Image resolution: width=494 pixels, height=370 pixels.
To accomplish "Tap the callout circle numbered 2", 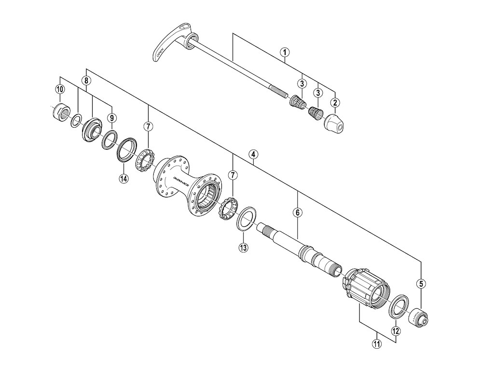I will (x=335, y=102).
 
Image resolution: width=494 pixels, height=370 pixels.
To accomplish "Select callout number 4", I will (x=253, y=155).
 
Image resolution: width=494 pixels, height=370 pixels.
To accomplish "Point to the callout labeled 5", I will (x=421, y=284).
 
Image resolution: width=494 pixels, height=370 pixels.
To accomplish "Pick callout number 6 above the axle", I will (x=298, y=212).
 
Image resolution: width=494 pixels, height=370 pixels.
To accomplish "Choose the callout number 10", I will (x=60, y=89).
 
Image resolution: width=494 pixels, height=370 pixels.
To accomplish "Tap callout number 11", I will (x=376, y=344).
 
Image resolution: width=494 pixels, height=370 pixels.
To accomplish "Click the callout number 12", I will (x=396, y=331).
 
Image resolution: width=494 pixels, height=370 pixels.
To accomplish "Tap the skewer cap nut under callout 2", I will (x=333, y=123).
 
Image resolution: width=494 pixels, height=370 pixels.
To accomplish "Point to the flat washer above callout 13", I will (x=246, y=217).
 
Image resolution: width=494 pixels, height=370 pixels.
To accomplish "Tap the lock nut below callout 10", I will (x=59, y=113).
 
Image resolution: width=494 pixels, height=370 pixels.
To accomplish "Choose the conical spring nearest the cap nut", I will (x=316, y=113).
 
